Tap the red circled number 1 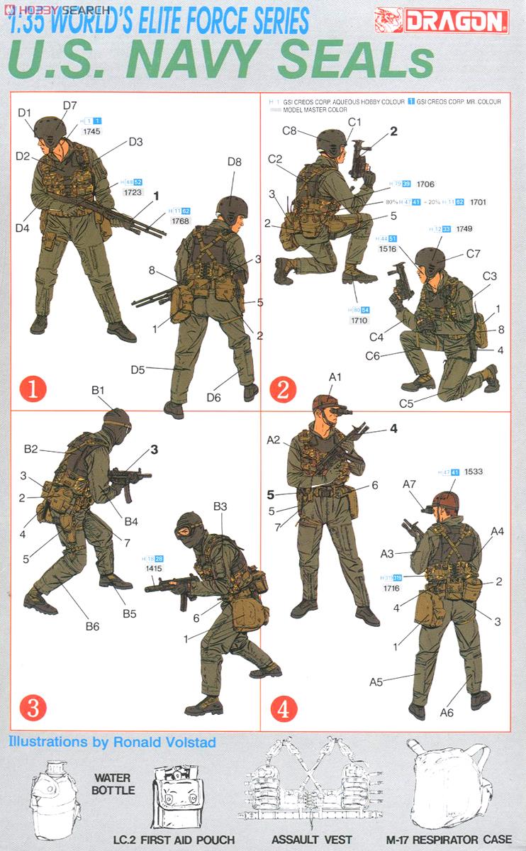click(x=33, y=389)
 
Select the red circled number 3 click(x=33, y=707)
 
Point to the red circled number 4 click(x=282, y=707)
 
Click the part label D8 click(x=235, y=162)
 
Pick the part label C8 click(x=289, y=130)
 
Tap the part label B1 click(x=98, y=390)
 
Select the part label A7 click(x=409, y=484)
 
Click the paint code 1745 click(x=92, y=131)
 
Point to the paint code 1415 click(x=153, y=569)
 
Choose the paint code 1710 click(x=360, y=321)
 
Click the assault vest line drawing click(x=312, y=784)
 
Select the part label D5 click(x=138, y=369)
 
